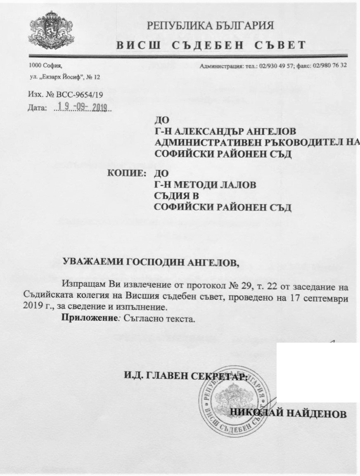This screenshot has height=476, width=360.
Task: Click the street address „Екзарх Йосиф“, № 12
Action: point(65,77)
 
